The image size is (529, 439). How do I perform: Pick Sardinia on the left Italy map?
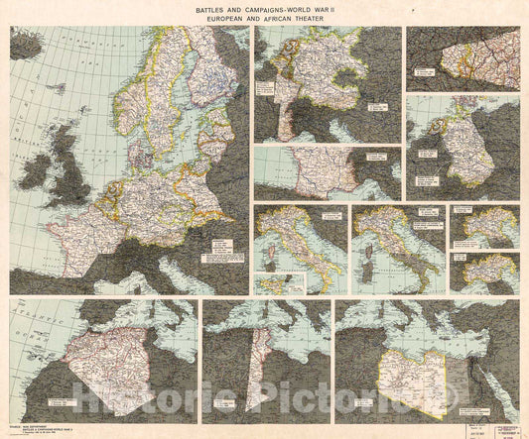269,257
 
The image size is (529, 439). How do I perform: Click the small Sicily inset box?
267,283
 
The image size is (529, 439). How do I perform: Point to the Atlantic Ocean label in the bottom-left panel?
26,319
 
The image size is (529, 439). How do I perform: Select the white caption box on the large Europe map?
221,260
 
